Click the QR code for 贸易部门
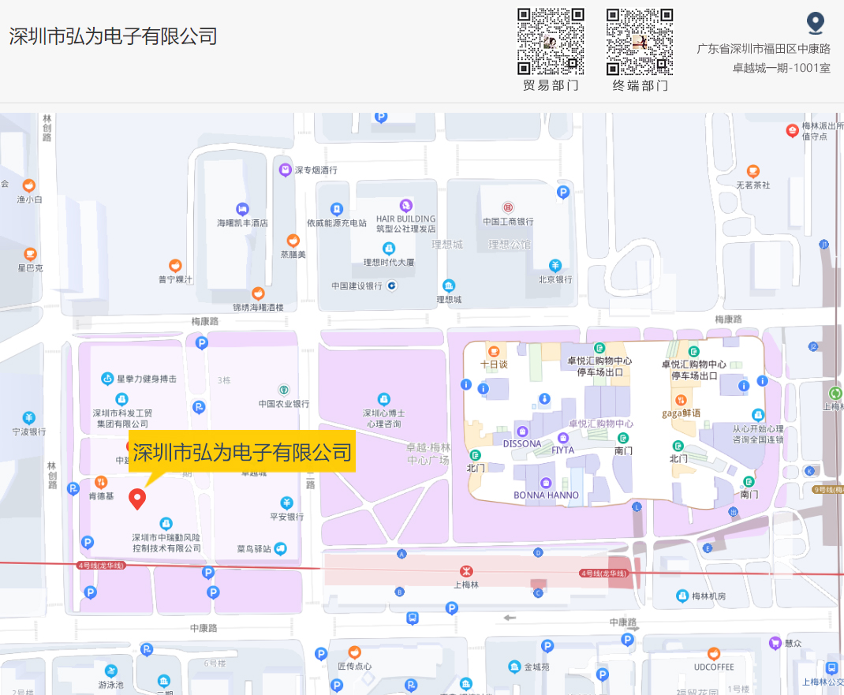[x=551, y=41]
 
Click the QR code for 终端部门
[x=640, y=41]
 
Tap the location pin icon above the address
[x=815, y=23]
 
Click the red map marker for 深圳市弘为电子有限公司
[x=138, y=499]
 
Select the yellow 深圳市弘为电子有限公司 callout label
[x=241, y=453]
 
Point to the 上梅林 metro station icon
[x=466, y=571]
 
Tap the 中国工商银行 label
[x=508, y=222]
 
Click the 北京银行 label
[x=555, y=279]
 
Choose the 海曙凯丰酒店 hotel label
[x=242, y=222]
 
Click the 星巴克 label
[x=30, y=268]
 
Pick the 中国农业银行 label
[x=284, y=403]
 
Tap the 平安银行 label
[x=286, y=517]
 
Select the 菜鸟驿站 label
[x=254, y=548]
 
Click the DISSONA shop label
[x=522, y=443]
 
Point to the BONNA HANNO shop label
[x=546, y=495]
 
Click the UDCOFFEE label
[x=714, y=667]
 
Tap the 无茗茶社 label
[x=753, y=185]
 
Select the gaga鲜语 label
[x=681, y=413]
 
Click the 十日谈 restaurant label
[x=494, y=364]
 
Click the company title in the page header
[x=113, y=36]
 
